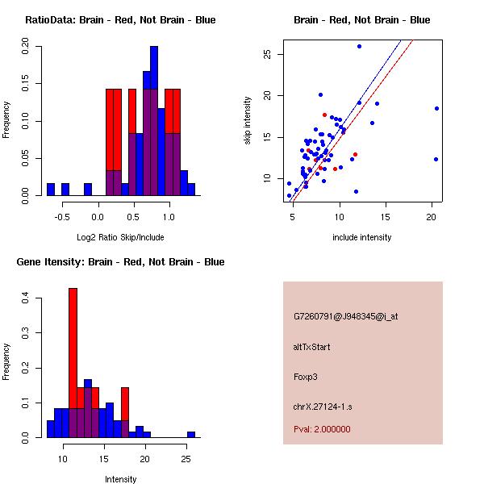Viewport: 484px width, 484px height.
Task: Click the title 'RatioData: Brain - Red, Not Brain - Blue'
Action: coord(120,20)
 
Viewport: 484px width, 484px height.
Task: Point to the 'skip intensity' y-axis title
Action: coord(248,121)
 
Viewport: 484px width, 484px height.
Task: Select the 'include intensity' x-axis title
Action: coord(362,237)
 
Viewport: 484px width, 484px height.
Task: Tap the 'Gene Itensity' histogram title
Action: coord(120,262)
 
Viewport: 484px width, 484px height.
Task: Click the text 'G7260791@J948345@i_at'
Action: coord(345,316)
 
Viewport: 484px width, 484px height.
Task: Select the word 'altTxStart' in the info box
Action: coord(312,347)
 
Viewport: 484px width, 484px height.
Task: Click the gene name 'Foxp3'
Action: coord(307,376)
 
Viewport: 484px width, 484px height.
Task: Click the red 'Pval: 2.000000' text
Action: coord(322,429)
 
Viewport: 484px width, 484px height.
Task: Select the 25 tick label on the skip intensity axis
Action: coord(266,54)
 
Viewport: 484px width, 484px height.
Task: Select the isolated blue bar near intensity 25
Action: coord(191,434)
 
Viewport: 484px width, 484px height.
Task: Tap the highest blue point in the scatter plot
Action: coord(359,46)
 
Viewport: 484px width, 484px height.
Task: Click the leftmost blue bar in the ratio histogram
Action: coord(51,190)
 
